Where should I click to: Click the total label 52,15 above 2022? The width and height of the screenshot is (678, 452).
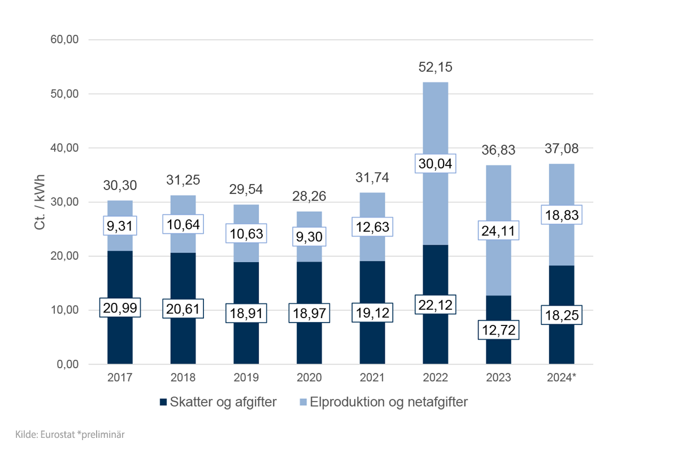click(x=435, y=67)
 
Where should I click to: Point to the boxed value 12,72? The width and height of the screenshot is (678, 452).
click(x=498, y=329)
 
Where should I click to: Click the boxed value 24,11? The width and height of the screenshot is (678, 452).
click(x=498, y=231)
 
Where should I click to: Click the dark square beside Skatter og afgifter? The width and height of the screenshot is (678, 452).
click(x=164, y=402)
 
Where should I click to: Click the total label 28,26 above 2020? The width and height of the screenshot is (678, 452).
click(x=309, y=197)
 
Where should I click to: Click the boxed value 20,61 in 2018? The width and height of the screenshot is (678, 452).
click(x=183, y=308)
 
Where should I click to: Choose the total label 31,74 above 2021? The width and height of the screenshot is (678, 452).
click(x=372, y=177)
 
